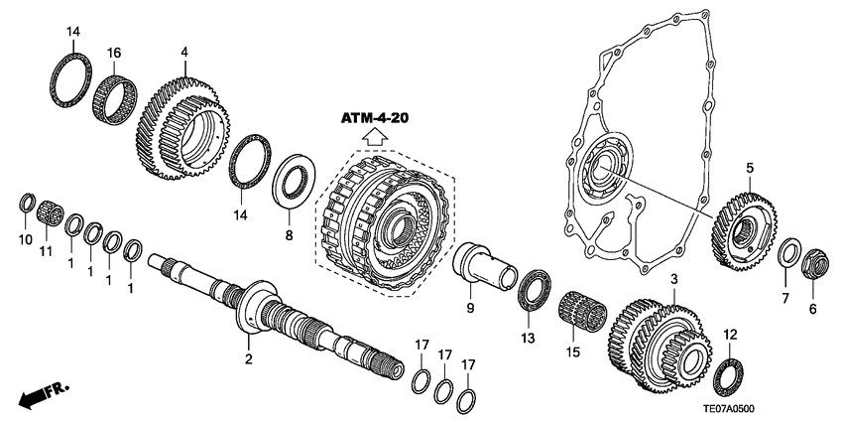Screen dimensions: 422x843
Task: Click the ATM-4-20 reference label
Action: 376,118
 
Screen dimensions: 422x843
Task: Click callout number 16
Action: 115,51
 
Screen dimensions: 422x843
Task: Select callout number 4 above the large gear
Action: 183,51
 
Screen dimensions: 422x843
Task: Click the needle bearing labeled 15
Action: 589,305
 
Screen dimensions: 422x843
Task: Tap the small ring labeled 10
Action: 27,206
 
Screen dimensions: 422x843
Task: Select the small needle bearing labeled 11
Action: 44,213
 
